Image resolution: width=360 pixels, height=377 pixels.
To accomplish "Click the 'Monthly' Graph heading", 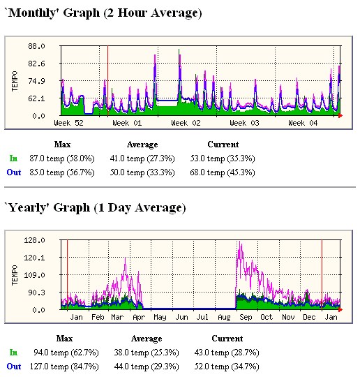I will click(x=103, y=13).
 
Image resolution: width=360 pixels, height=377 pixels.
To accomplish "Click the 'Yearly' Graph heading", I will click(x=95, y=207).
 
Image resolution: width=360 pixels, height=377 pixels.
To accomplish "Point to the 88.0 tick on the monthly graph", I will click(x=36, y=46).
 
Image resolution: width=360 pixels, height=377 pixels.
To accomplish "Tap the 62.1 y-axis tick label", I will click(x=36, y=98).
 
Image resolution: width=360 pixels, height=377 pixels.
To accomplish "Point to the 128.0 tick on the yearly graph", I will click(x=35, y=240).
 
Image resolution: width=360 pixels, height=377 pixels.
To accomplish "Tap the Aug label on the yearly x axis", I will click(x=224, y=317).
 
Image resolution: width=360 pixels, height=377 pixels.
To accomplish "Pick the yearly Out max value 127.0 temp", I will click(x=75, y=366).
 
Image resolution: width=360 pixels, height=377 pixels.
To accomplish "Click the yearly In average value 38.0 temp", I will click(x=147, y=353).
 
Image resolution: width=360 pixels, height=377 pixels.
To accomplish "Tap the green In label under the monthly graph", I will click(x=14, y=158).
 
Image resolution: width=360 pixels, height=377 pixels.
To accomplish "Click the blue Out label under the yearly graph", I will click(x=14, y=366).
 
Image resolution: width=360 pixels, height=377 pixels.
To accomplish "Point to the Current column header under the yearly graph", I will click(x=227, y=339).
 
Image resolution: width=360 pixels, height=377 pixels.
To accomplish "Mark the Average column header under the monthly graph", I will click(x=143, y=145).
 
